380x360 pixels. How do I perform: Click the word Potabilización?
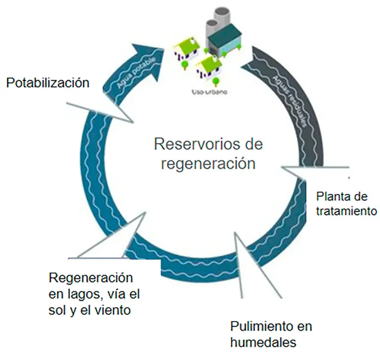(47, 82)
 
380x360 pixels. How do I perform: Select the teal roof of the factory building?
(227, 35)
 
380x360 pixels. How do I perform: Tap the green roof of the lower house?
(208, 63)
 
